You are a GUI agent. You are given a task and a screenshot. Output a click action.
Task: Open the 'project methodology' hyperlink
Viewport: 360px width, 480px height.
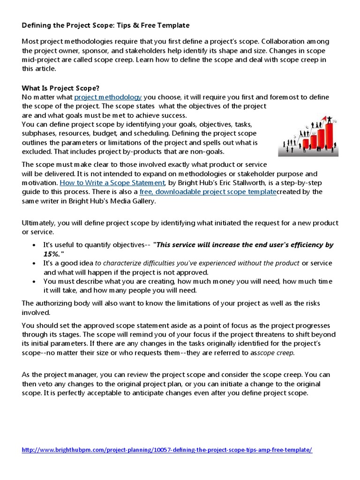108,97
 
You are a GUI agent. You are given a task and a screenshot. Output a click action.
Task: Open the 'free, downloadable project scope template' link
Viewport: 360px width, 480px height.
208,192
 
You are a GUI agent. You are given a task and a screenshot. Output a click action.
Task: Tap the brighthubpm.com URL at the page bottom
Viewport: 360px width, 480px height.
167,450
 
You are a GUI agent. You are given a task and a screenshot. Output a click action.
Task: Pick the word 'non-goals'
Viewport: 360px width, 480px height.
207,151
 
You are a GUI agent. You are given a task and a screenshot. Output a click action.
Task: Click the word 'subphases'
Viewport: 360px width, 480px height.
39,133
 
